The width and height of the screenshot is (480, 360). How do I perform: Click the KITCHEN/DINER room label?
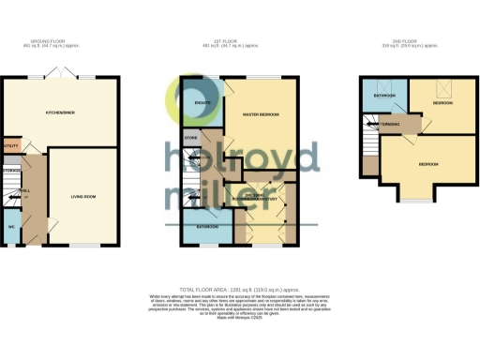point(60,112)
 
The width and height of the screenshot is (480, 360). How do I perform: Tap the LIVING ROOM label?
point(84,197)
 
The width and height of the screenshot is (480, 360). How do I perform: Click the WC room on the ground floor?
point(11,226)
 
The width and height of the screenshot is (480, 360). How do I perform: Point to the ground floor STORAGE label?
point(11,171)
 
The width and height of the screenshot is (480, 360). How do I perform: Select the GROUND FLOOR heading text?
point(59,41)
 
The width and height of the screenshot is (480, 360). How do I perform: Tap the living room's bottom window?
point(84,246)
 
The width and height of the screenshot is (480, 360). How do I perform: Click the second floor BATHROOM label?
point(384,96)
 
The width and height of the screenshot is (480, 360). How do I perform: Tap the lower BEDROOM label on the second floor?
point(427,165)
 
